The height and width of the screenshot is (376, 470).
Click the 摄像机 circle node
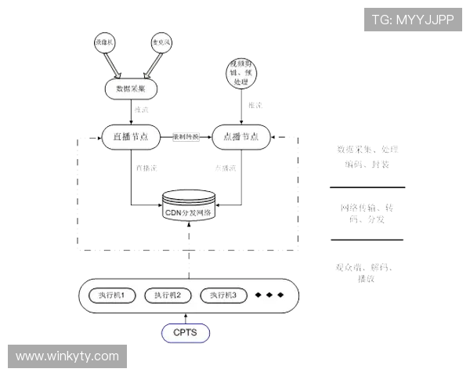(x=104, y=41)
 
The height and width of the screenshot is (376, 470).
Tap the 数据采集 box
(x=130, y=89)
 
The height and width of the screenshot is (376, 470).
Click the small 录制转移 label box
(x=186, y=136)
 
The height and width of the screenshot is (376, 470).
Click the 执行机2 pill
(x=168, y=295)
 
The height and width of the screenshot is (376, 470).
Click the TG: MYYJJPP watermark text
(x=413, y=20)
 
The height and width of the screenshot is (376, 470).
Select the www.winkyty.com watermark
(x=68, y=356)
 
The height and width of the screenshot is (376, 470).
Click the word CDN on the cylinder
(x=173, y=212)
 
